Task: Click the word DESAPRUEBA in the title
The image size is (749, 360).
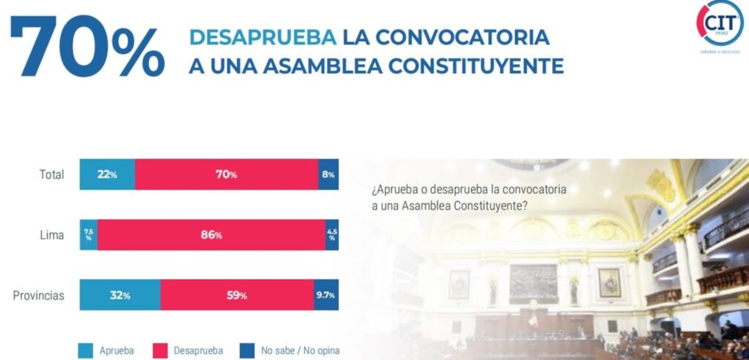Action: [x=263, y=37]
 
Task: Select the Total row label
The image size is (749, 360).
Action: [x=52, y=175]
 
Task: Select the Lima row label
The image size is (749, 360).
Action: [x=53, y=235]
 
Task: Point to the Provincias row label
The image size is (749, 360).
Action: [x=39, y=296]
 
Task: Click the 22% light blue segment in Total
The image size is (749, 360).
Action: [x=107, y=175]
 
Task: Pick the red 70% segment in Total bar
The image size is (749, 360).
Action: [x=226, y=175]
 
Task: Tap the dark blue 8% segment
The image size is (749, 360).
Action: [x=328, y=175]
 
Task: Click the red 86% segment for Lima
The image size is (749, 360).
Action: [x=211, y=235]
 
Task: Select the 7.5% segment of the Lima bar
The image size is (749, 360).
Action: [x=89, y=235]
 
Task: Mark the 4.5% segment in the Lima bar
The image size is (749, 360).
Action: [x=331, y=235]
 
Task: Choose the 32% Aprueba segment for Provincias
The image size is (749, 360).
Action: [x=120, y=296]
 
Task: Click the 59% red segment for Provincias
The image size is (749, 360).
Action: [x=237, y=296]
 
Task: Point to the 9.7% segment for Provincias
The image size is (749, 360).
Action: [x=326, y=296]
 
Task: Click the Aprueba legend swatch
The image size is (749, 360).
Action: [x=86, y=350]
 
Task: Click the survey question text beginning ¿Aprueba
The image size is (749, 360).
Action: [x=469, y=198]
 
